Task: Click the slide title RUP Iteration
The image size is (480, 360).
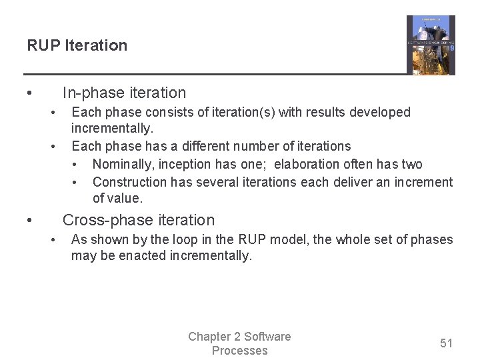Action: click(x=77, y=45)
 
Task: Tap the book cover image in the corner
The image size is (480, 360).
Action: click(x=431, y=45)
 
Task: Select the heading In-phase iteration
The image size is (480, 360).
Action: click(x=124, y=93)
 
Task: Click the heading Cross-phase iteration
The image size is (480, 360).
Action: click(x=139, y=220)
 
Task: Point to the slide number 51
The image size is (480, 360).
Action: click(x=446, y=343)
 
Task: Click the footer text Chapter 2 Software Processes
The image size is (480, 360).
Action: click(x=239, y=343)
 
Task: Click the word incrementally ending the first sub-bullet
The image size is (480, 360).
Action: click(x=111, y=128)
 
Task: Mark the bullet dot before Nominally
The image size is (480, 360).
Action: click(x=77, y=165)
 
